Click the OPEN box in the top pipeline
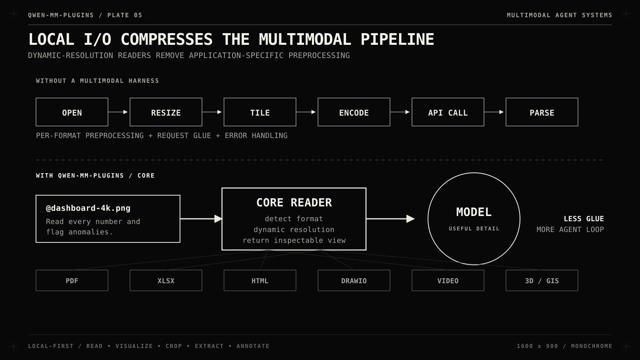coord(72,112)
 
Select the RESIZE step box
coord(166,112)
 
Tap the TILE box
coord(260,112)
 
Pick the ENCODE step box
coord(354,112)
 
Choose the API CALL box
coord(448,112)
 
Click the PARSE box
coord(542,112)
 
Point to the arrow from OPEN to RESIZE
coord(118,112)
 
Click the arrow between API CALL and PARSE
coord(494,112)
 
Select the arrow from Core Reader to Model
coord(390,219)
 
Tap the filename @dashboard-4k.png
coord(88,208)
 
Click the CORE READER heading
coord(294,202)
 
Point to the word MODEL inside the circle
coord(474,212)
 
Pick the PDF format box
coord(72,280)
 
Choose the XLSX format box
coord(166,280)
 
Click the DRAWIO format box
coord(354,280)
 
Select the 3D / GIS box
coord(542,280)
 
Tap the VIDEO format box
coord(448,280)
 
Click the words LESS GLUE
coord(584,219)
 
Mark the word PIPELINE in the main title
coord(398,40)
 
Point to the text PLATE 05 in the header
coord(125,15)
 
